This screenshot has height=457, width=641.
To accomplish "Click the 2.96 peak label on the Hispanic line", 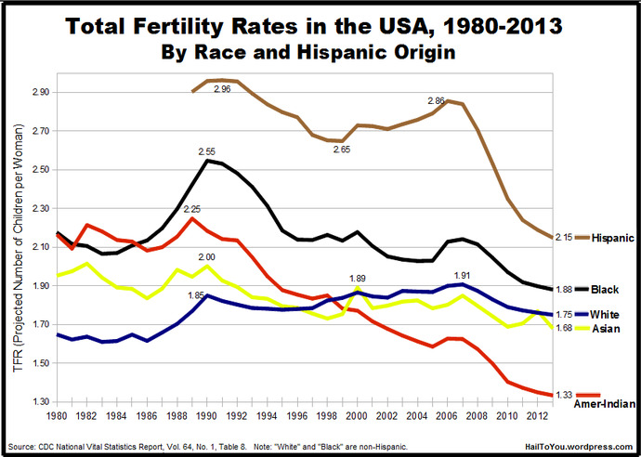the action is (x=222, y=88).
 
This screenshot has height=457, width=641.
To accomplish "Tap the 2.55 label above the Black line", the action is (x=207, y=151).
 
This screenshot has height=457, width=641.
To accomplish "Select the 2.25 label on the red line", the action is (x=192, y=209).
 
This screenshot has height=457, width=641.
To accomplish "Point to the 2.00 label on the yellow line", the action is (x=207, y=257).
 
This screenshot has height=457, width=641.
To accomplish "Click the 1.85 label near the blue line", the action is (x=196, y=295).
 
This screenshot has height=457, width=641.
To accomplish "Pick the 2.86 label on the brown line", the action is (x=436, y=101).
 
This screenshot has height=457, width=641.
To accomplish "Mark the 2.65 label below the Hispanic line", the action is (x=342, y=150).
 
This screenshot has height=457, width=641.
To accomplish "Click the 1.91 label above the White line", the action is (x=462, y=275).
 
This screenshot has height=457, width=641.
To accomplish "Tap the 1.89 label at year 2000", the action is (x=357, y=279).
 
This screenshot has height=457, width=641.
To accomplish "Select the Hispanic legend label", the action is (x=613, y=238).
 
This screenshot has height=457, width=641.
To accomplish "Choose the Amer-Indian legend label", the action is (x=605, y=404).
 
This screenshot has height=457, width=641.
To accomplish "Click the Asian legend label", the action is (x=606, y=329).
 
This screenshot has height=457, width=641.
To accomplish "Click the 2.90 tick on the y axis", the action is (x=40, y=92).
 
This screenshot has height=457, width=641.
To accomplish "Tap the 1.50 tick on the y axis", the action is (x=40, y=363).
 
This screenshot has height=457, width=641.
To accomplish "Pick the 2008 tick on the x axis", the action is (x=477, y=416).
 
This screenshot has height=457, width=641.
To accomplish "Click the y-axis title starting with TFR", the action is (x=18, y=248).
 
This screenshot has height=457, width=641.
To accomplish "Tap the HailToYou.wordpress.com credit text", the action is (x=579, y=447).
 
